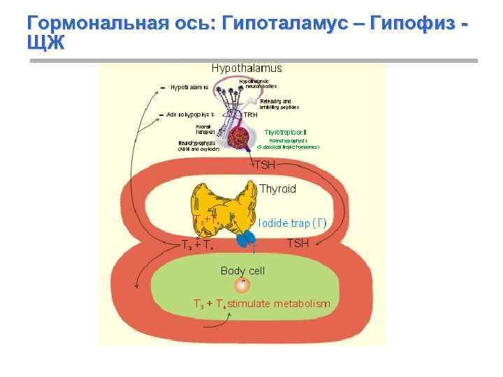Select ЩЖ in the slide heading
coord(45,43)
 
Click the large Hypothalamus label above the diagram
coord(247,68)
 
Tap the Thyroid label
coord(277,189)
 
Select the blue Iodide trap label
coord(292,223)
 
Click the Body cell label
coord(242,270)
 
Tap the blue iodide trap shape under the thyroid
coord(245,239)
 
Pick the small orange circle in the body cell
coord(242,285)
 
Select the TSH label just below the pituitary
coord(265,165)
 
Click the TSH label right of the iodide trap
coord(298,243)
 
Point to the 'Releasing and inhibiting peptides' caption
coord(279,104)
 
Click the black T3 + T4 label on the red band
coord(198,244)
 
